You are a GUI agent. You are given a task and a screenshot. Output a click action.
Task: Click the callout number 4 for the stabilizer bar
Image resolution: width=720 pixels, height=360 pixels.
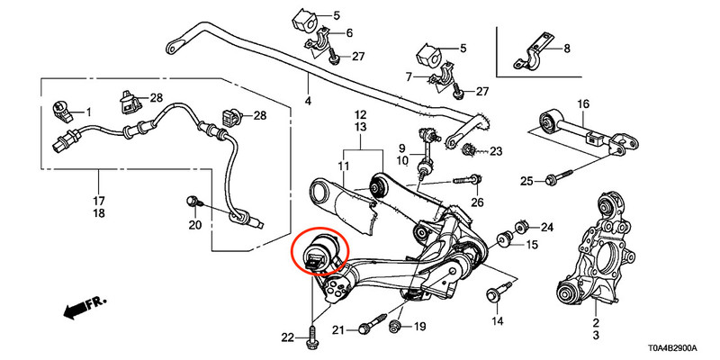click(x=308, y=101)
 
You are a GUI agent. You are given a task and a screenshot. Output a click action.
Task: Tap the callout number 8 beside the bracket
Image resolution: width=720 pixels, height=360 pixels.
click(x=567, y=49)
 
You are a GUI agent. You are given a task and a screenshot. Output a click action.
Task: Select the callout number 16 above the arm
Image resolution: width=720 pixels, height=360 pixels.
click(x=583, y=104)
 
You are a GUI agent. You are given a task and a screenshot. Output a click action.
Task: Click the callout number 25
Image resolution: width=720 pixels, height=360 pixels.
click(x=526, y=182)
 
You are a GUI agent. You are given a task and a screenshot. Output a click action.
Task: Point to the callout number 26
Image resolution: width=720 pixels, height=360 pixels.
click(x=478, y=202)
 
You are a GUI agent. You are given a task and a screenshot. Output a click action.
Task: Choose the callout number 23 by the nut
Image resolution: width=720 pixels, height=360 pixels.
click(x=497, y=151)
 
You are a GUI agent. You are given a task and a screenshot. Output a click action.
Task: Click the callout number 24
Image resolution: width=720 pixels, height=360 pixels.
click(x=547, y=227)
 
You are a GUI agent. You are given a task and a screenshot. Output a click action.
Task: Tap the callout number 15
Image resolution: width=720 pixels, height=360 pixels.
click(x=532, y=245)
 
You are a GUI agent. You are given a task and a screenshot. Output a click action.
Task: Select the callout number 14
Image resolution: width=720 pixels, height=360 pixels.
click(x=498, y=320)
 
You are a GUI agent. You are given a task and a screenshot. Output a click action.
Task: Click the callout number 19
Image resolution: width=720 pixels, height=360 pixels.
click(x=419, y=327)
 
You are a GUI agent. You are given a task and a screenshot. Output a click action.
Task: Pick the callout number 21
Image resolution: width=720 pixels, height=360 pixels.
click(x=338, y=329)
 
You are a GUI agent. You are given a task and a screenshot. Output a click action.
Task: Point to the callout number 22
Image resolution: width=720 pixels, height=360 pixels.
click(x=287, y=338)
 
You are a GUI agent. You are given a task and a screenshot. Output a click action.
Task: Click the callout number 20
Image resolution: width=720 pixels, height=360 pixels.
click(x=195, y=225)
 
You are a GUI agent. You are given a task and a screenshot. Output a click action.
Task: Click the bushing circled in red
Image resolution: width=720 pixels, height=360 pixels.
click(x=321, y=252)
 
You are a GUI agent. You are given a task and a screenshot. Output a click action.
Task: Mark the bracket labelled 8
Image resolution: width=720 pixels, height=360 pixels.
click(x=535, y=54)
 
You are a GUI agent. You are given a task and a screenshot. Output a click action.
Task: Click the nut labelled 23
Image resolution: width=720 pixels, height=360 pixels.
click(x=468, y=148)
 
